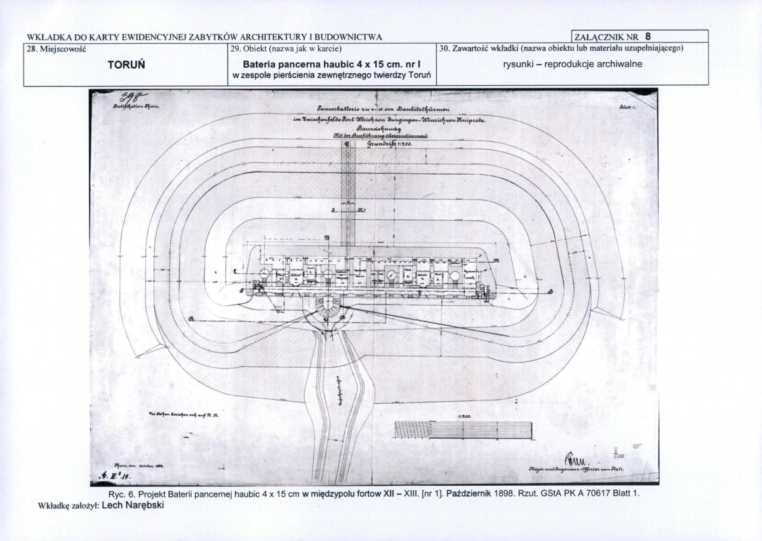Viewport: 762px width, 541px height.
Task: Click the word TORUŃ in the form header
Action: (126, 65)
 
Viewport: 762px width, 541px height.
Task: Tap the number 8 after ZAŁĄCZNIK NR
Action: (647, 36)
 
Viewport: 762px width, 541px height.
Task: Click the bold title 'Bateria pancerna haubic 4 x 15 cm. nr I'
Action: (331, 65)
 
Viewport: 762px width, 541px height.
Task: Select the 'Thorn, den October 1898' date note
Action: (138, 466)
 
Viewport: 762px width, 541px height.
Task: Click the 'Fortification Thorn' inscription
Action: (136, 107)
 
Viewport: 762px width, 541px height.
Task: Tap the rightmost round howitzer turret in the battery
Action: (456, 275)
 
